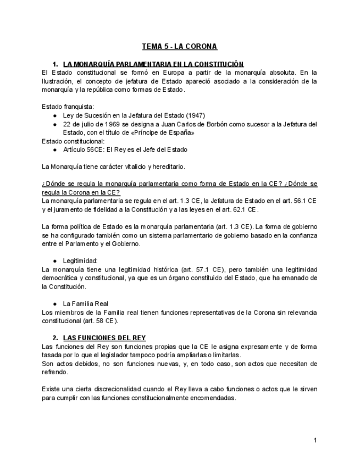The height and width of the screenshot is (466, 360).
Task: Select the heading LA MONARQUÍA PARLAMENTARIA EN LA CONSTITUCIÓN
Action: click(153, 64)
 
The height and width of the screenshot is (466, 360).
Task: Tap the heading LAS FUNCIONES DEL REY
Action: click(104, 337)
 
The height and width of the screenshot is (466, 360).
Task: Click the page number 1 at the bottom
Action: click(315, 440)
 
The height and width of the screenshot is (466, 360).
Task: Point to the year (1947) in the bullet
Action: click(195, 115)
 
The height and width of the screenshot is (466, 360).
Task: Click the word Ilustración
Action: click(60, 81)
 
